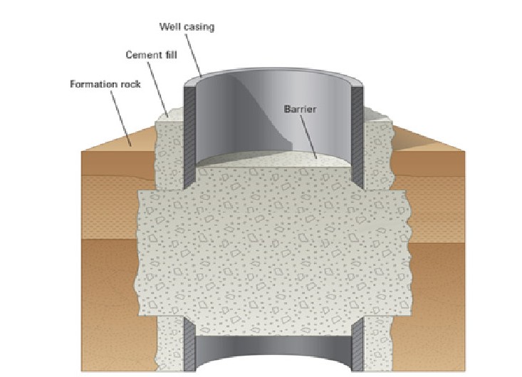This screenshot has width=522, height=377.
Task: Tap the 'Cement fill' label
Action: (147, 54)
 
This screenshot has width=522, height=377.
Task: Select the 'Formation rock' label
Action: (105, 83)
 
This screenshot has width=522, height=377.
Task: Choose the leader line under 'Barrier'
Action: (306, 135)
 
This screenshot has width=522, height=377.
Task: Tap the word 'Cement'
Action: (139, 54)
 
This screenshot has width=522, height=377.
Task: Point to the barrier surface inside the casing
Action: (271, 160)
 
